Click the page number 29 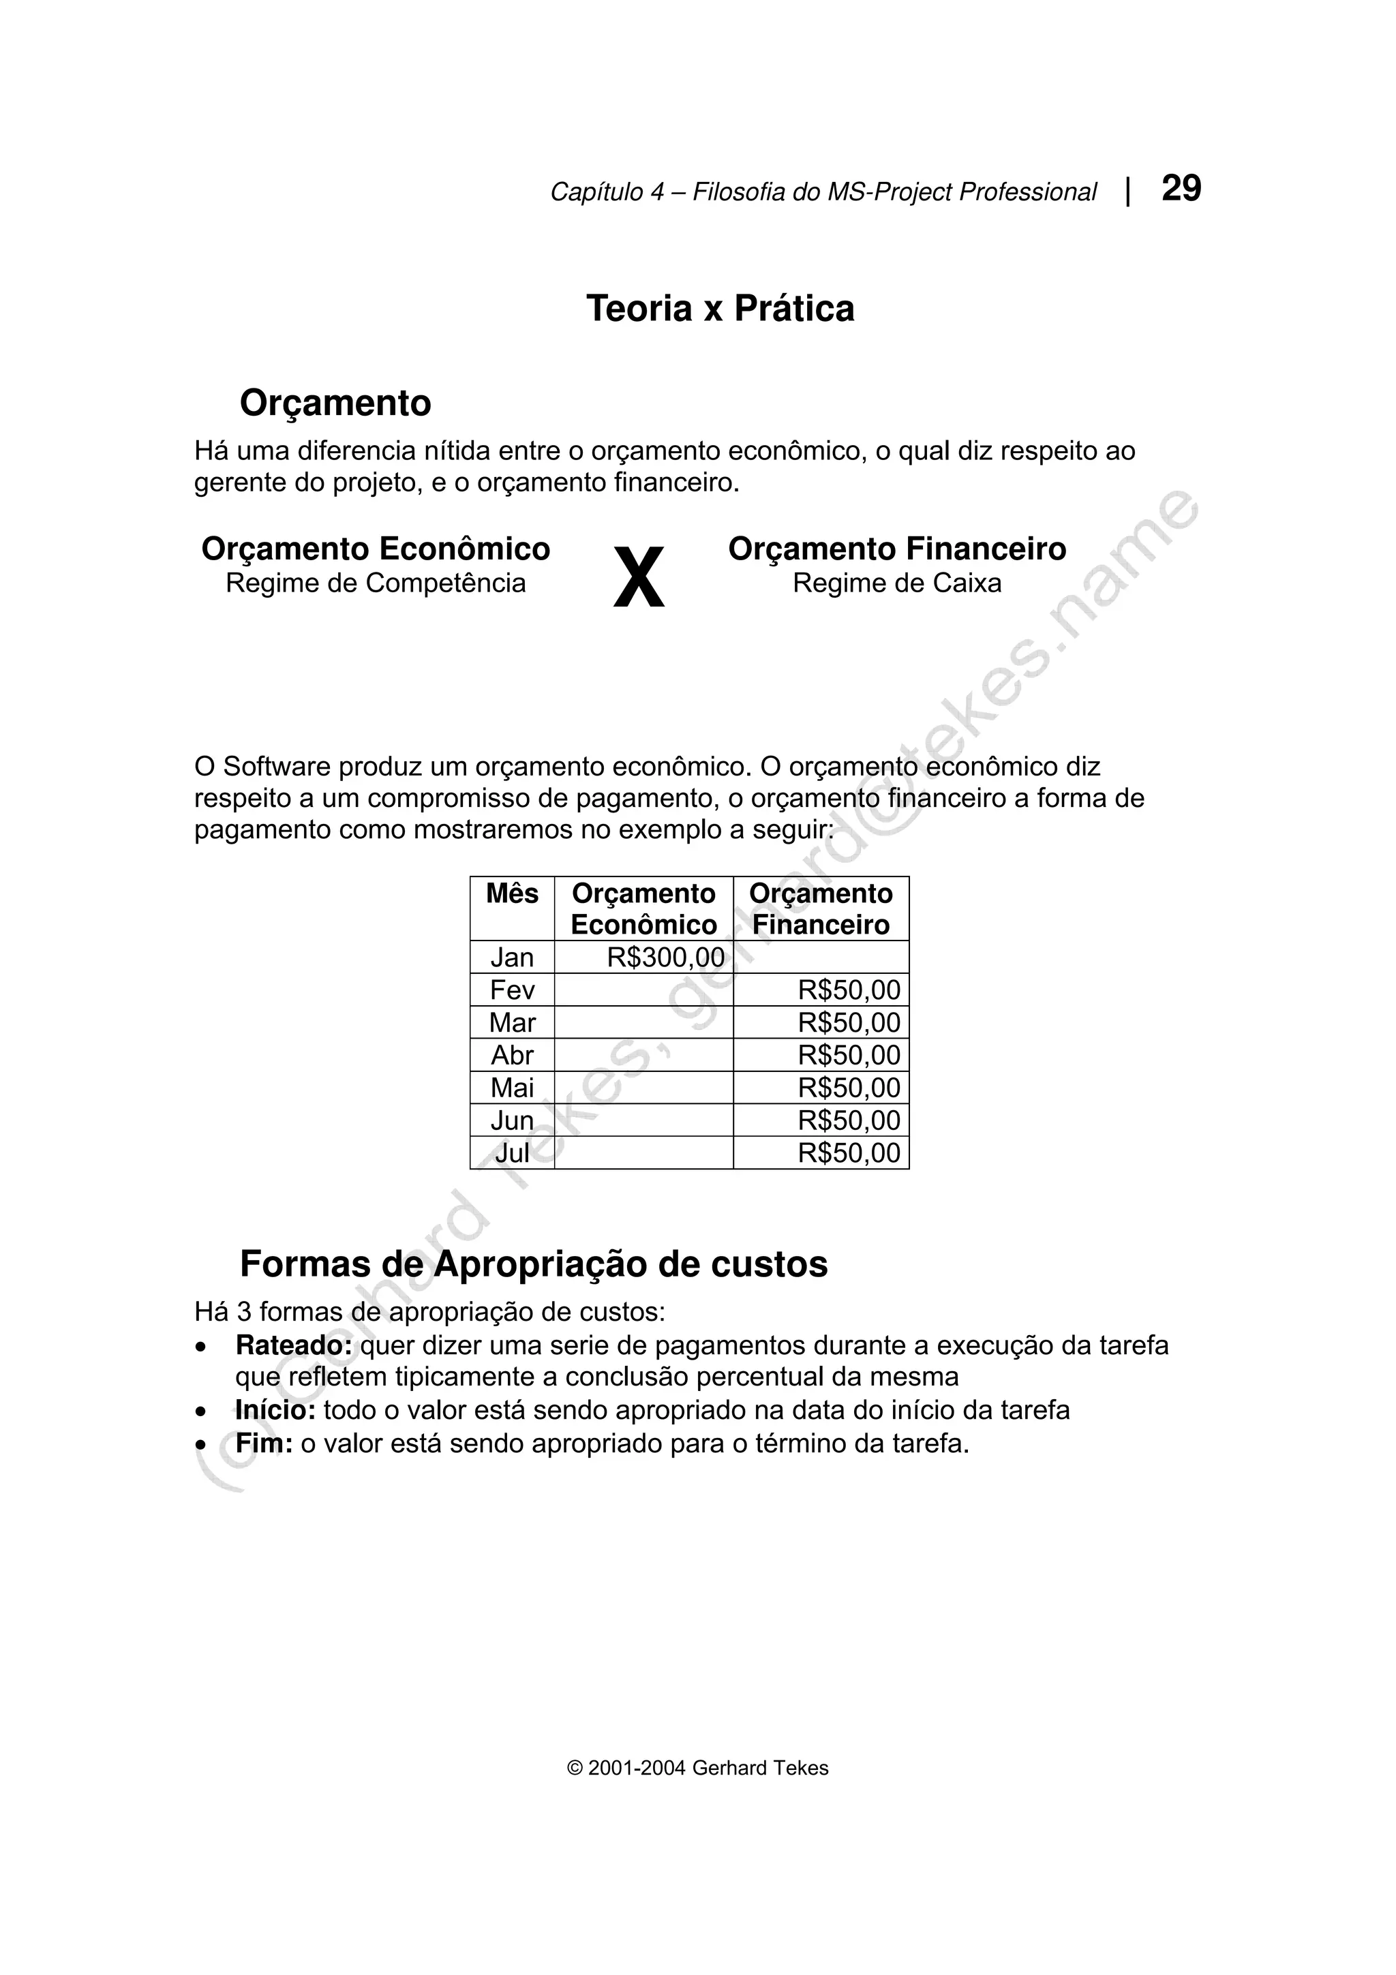click(x=1181, y=188)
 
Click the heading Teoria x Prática click(x=720, y=309)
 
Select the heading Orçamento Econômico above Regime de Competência click(x=376, y=549)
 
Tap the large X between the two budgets click(x=638, y=578)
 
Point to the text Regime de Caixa click(x=896, y=583)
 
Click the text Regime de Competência click(x=376, y=583)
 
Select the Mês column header click(x=512, y=893)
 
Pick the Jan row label click(x=512, y=958)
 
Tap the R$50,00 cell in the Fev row click(x=848, y=990)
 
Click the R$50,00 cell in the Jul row click(x=848, y=1152)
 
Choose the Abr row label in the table click(x=512, y=1056)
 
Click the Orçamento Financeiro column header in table click(x=821, y=909)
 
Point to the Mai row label click(x=512, y=1088)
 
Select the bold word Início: click(x=275, y=1411)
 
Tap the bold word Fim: click(x=264, y=1443)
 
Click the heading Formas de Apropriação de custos click(x=533, y=1264)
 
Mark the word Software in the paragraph click(x=276, y=767)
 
